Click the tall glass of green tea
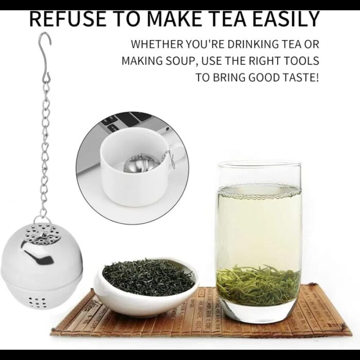coord(259,241)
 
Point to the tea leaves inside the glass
coord(259,284)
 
